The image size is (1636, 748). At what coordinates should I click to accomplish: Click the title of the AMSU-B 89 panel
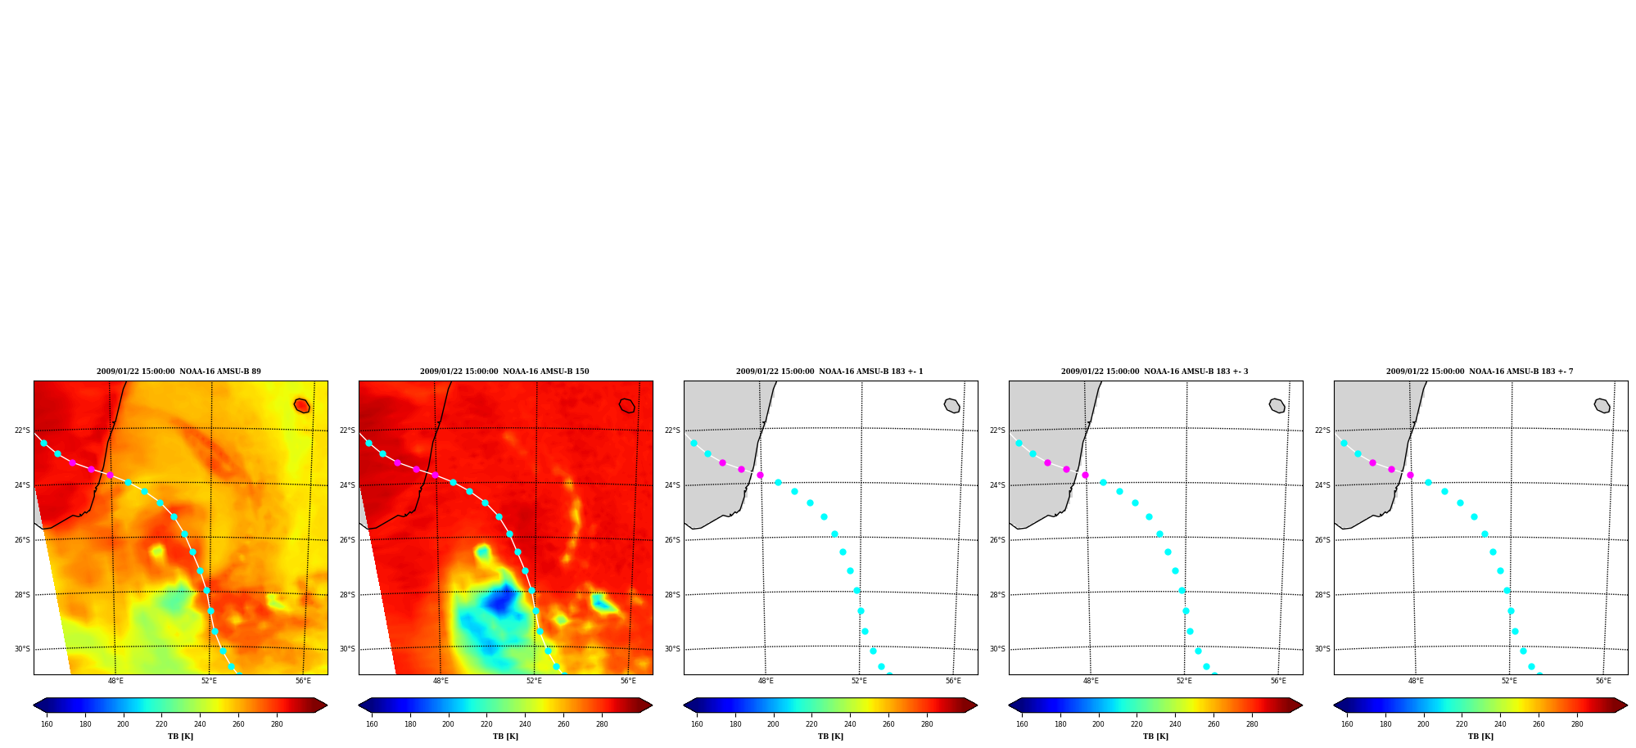pyautogui.click(x=179, y=372)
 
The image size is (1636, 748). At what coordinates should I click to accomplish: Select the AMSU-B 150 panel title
pyautogui.click(x=504, y=372)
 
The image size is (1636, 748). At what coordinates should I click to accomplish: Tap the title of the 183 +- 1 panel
pyautogui.click(x=829, y=372)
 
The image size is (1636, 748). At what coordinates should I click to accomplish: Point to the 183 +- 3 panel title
pyautogui.click(x=1155, y=372)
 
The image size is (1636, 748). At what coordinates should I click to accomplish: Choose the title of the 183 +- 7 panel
pyautogui.click(x=1480, y=372)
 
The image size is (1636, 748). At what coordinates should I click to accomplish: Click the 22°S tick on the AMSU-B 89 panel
pyautogui.click(x=22, y=430)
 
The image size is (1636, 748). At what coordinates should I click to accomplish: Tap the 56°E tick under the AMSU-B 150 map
pyautogui.click(x=628, y=681)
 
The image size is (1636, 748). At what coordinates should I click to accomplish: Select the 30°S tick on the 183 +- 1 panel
pyautogui.click(x=672, y=649)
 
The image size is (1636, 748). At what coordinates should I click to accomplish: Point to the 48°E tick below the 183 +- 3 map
pyautogui.click(x=1091, y=681)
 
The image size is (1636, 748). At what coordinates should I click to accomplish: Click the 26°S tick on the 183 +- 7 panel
pyautogui.click(x=1322, y=540)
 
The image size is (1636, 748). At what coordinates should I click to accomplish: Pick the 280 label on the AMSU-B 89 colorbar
pyautogui.click(x=277, y=724)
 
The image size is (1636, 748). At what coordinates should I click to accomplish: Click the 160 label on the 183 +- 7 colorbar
pyautogui.click(x=1347, y=724)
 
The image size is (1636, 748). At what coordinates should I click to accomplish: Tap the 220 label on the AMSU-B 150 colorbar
pyautogui.click(x=486, y=724)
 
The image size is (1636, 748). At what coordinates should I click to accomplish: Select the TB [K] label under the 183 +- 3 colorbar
pyautogui.click(x=1155, y=737)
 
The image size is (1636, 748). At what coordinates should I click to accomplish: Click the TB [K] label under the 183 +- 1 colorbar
pyautogui.click(x=830, y=737)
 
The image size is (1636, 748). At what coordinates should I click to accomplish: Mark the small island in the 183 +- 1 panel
pyautogui.click(x=951, y=406)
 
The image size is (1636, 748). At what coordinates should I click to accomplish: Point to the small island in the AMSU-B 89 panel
pyautogui.click(x=301, y=406)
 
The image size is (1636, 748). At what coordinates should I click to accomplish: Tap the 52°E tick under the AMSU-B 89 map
pyautogui.click(x=209, y=681)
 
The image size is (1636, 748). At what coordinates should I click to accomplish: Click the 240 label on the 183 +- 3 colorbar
pyautogui.click(x=1175, y=724)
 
